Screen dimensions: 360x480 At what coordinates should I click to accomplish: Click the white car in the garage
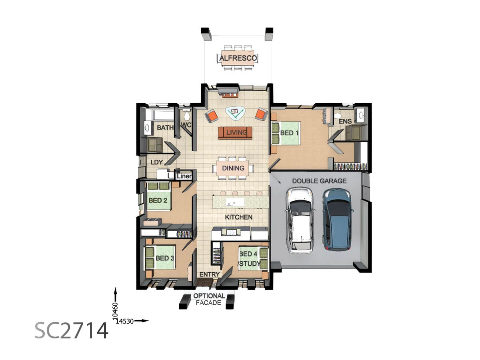[300, 220]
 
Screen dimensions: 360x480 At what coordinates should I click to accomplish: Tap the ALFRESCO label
[238, 59]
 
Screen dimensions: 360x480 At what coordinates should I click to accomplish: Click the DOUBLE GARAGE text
[319, 181]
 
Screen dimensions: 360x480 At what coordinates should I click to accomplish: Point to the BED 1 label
[289, 133]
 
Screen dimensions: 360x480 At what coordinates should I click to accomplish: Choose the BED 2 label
[158, 200]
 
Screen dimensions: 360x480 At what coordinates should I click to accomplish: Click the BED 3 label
[164, 258]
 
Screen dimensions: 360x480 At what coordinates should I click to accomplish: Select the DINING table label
[233, 168]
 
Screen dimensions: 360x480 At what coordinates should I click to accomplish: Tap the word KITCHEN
[238, 217]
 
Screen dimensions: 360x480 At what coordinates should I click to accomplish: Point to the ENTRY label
[210, 274]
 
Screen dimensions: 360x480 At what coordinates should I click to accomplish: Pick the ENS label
[345, 121]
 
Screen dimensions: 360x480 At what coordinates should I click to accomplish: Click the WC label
[186, 125]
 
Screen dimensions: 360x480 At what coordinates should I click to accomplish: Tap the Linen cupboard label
[184, 176]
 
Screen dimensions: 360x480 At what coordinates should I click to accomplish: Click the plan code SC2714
[71, 330]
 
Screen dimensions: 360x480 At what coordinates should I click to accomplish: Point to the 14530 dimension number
[125, 321]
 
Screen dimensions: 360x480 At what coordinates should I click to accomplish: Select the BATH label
[165, 128]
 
